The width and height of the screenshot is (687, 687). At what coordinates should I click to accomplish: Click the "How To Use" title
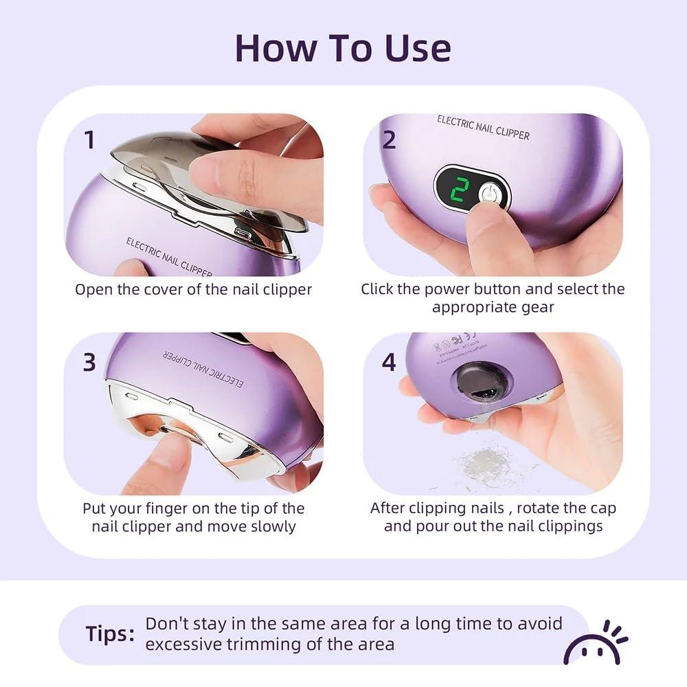pyautogui.click(x=343, y=47)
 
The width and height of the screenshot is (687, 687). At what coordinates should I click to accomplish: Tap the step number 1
pyautogui.click(x=89, y=139)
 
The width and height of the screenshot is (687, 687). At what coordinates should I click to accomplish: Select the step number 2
pyautogui.click(x=389, y=139)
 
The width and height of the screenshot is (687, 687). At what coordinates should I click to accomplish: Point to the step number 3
pyautogui.click(x=89, y=362)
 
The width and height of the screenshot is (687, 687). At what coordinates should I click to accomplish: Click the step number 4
pyautogui.click(x=389, y=362)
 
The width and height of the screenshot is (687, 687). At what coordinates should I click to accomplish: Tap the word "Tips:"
pyautogui.click(x=110, y=633)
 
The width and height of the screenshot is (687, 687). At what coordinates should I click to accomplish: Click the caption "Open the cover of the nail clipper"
pyautogui.click(x=193, y=289)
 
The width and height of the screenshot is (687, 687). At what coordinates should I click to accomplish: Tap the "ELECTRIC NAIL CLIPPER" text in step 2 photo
pyautogui.click(x=483, y=128)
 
